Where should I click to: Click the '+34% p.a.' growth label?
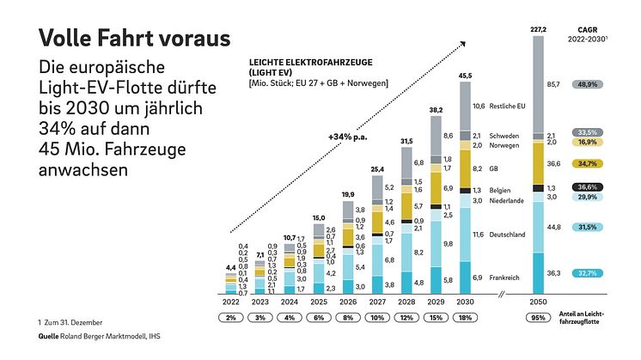point(347,137)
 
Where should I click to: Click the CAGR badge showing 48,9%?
point(589,86)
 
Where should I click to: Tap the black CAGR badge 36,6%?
point(589,187)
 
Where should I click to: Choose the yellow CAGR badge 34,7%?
point(589,163)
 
